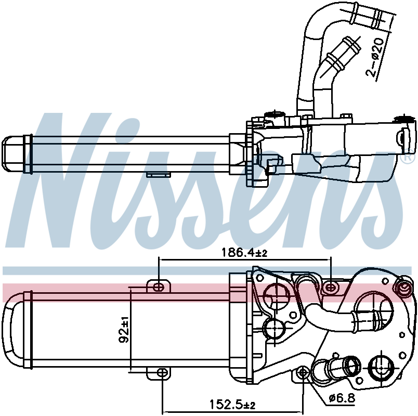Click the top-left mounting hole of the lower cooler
(x=160, y=286)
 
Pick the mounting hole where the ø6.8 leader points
(x=304, y=372)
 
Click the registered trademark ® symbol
(x=409, y=156)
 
